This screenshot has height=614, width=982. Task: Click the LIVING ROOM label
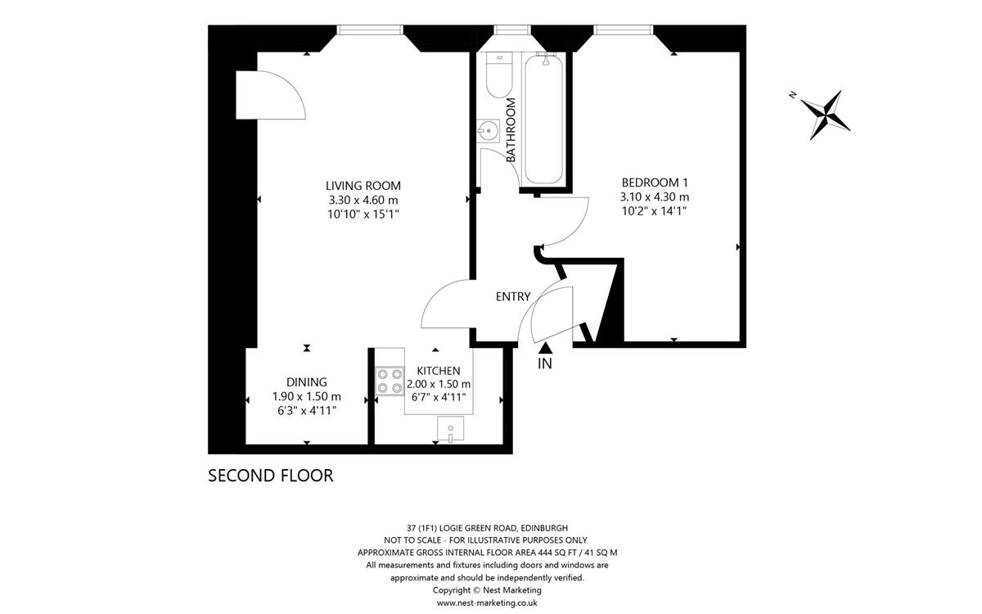(363, 186)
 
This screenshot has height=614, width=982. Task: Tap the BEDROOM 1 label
(655, 182)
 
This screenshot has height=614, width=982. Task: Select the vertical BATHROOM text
(511, 130)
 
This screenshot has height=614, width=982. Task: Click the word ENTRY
(513, 297)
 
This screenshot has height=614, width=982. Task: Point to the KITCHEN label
(439, 371)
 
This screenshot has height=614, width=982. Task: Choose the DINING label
(306, 382)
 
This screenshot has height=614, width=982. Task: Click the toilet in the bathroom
(499, 75)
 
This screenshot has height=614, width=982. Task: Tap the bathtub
(543, 119)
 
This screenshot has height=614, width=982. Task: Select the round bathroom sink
(488, 131)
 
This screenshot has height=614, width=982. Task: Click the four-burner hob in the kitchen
(390, 381)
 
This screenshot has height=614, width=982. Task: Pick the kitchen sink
(450, 428)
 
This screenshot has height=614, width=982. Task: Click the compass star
(826, 115)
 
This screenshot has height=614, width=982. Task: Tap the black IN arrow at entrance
(545, 348)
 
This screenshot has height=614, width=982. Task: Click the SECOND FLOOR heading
(271, 476)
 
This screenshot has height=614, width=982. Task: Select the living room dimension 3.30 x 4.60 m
(363, 200)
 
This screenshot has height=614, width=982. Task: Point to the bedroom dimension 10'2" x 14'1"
(654, 211)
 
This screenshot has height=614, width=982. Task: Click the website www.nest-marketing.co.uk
(487, 603)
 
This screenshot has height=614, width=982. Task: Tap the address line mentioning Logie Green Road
(487, 528)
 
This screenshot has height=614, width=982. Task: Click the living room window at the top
(370, 29)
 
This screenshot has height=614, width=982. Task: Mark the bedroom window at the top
(623, 29)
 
